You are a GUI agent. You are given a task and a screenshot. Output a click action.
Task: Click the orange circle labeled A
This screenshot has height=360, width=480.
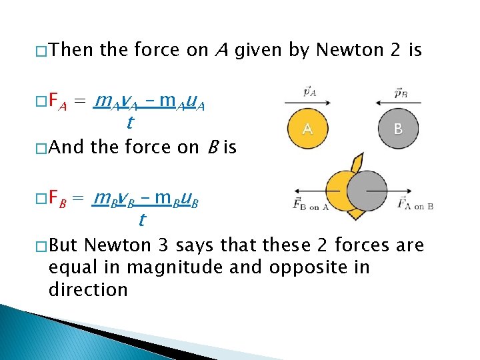pos(307,128)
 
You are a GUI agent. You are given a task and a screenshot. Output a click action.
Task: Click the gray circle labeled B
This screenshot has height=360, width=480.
pos(397,128)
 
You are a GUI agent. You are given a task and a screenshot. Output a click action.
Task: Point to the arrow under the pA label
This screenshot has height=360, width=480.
pos(306,102)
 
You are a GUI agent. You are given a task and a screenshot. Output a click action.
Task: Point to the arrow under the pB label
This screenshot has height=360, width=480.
pos(397,102)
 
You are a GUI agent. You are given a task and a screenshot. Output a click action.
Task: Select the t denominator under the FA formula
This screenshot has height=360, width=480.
pos(130,123)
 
